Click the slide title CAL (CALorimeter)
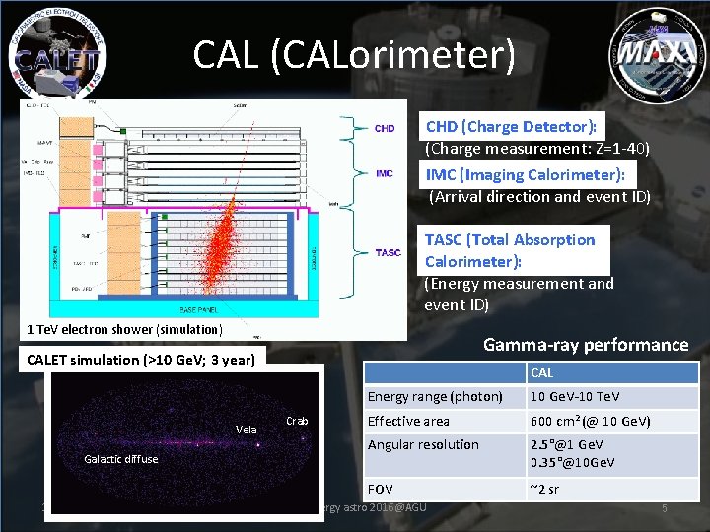[x=354, y=54]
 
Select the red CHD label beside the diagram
[x=385, y=128]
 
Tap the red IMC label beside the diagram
[x=385, y=174]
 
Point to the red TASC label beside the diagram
[x=389, y=252]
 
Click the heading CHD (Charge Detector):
[x=511, y=126]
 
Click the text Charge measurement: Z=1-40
[x=536, y=149]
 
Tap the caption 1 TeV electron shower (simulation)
[x=125, y=329]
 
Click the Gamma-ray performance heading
[x=585, y=345]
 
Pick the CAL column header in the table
[x=542, y=373]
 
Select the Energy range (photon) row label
[x=434, y=397]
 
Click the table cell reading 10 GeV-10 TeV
[x=575, y=397]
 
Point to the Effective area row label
[x=408, y=421]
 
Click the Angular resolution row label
[x=423, y=444]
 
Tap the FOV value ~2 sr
[x=544, y=490]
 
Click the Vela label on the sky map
[x=246, y=430]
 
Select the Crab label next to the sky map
[x=297, y=421]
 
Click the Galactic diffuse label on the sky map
[x=120, y=459]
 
